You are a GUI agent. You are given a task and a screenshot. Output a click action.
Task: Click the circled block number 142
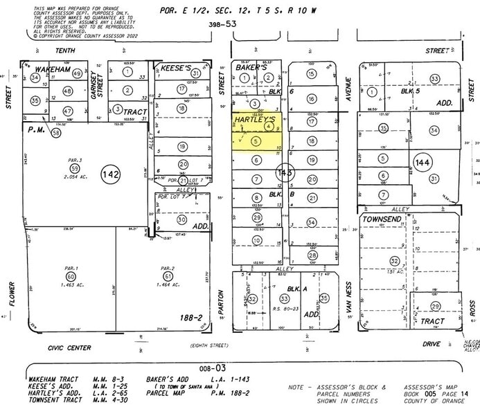click(109, 172)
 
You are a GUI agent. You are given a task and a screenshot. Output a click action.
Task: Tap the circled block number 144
click(422, 163)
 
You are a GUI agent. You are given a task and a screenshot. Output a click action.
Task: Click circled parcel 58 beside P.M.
click(56, 132)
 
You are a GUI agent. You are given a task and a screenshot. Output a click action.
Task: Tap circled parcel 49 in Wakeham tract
click(77, 73)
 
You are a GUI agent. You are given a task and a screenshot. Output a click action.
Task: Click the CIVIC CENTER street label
click(53, 347)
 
